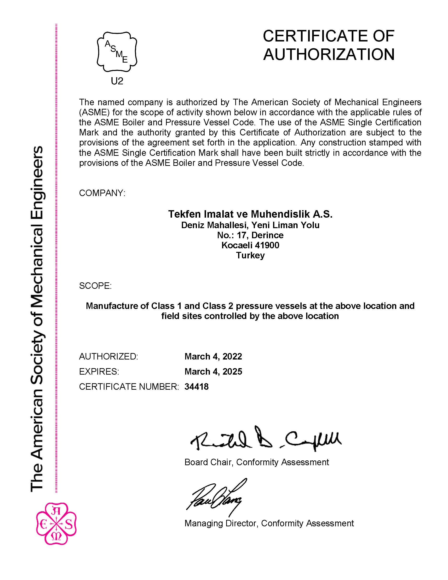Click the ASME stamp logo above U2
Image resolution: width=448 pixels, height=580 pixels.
pos(117,52)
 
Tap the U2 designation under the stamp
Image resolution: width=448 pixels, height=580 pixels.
pos(117,81)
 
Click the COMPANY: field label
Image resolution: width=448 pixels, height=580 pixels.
pos(102,193)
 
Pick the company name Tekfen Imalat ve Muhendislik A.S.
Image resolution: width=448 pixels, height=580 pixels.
pos(250,214)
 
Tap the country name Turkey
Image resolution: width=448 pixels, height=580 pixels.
pos(250,255)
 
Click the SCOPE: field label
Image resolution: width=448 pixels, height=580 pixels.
pos(95,286)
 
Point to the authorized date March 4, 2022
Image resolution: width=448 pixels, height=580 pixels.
pos(213,356)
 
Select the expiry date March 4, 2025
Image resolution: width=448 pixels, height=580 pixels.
pos(213,371)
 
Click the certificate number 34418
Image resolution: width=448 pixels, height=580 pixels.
pos(196,387)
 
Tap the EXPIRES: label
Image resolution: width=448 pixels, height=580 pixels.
pos(99,371)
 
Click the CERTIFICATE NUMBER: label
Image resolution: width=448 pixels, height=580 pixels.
pos(129,387)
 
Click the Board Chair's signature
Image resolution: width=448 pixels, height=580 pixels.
pos(265,438)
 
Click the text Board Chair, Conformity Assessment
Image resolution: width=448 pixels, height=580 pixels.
pos(256,462)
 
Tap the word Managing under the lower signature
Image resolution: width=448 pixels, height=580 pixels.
pos(204,523)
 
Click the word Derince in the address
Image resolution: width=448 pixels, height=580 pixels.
pos(267,235)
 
